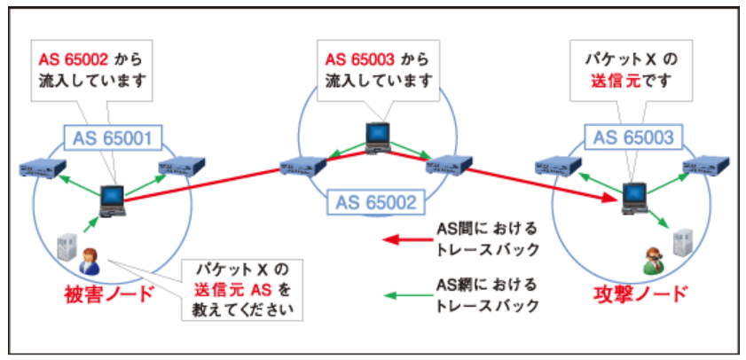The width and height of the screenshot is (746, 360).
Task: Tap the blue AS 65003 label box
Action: (x=633, y=138)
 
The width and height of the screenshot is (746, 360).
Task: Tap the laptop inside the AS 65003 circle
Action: (x=633, y=196)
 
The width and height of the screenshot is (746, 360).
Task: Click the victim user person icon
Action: (x=90, y=262)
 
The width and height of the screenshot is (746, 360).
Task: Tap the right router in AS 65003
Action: (x=706, y=164)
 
